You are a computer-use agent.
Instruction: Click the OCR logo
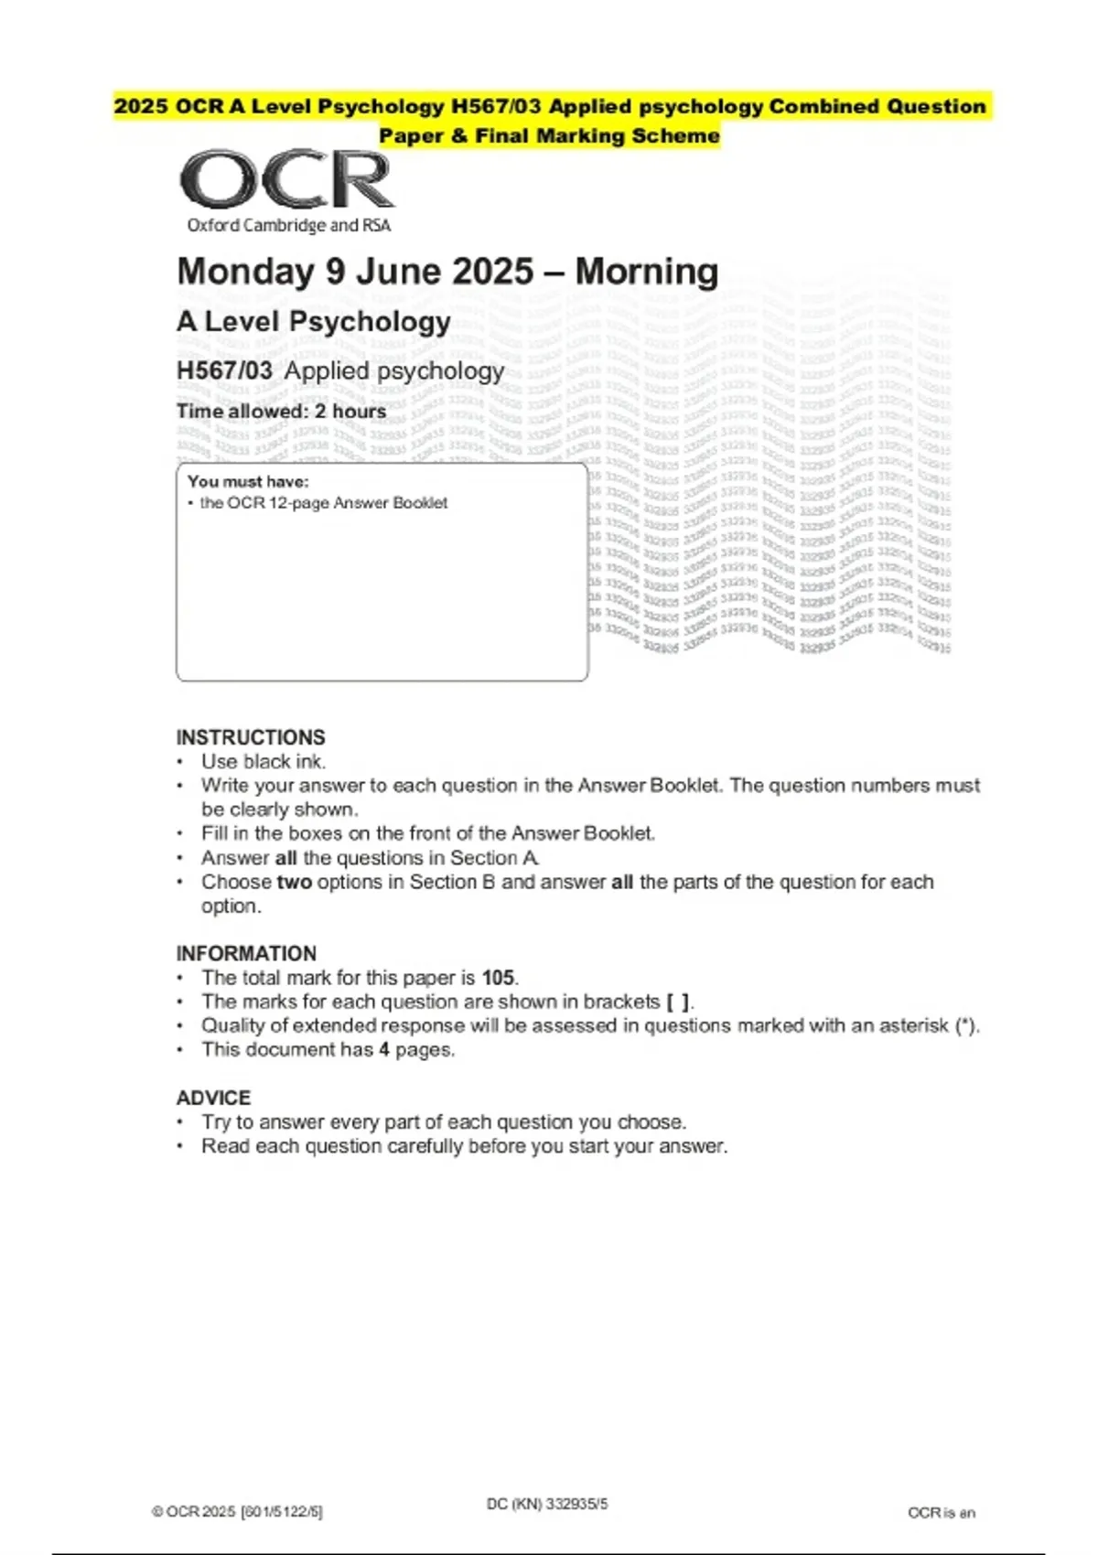(287, 180)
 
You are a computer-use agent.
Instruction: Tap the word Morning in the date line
(646, 272)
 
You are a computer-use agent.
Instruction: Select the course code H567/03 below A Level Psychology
(224, 370)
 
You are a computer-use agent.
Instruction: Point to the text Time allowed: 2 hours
(281, 412)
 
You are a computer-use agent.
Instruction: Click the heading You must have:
(248, 481)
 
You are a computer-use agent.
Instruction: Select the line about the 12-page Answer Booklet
(323, 503)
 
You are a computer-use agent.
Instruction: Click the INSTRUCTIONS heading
(250, 737)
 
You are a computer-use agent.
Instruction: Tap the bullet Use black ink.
(264, 761)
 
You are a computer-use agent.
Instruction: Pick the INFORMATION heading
(246, 953)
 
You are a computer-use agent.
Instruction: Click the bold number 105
(498, 978)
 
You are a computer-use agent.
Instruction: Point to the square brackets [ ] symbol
(678, 1002)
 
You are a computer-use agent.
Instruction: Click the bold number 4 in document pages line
(384, 1050)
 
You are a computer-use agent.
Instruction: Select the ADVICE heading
(213, 1098)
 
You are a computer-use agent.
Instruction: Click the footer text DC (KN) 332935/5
(547, 1504)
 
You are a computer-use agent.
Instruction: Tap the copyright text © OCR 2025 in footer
(194, 1512)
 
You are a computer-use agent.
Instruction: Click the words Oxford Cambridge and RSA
(288, 225)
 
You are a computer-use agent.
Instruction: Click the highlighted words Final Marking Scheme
(597, 136)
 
